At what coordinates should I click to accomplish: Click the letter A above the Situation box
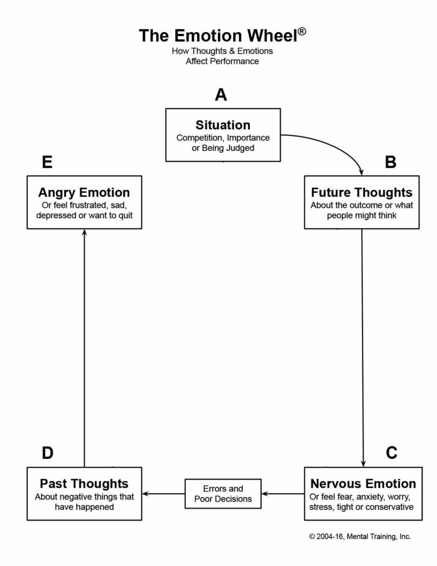(x=221, y=95)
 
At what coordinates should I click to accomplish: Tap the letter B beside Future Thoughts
(x=391, y=162)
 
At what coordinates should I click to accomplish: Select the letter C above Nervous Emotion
(x=392, y=453)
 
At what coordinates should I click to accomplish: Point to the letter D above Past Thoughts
(x=48, y=453)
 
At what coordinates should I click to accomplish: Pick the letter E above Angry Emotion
(x=48, y=162)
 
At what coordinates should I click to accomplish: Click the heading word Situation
(x=223, y=125)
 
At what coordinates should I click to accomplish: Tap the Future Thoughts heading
(x=361, y=192)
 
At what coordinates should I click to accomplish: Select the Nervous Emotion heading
(x=363, y=483)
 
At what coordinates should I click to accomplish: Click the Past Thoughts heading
(x=84, y=483)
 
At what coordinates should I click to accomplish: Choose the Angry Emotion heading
(x=84, y=192)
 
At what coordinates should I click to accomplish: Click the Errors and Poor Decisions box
(x=223, y=494)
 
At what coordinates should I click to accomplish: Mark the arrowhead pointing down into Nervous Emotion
(x=363, y=464)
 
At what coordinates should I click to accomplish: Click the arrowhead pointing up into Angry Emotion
(x=85, y=233)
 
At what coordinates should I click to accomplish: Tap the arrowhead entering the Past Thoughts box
(x=146, y=494)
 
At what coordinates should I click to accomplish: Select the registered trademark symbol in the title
(x=302, y=32)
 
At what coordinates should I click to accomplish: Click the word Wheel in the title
(x=272, y=36)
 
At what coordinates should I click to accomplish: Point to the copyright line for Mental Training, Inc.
(x=360, y=537)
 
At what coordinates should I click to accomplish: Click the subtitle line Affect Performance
(x=222, y=61)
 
